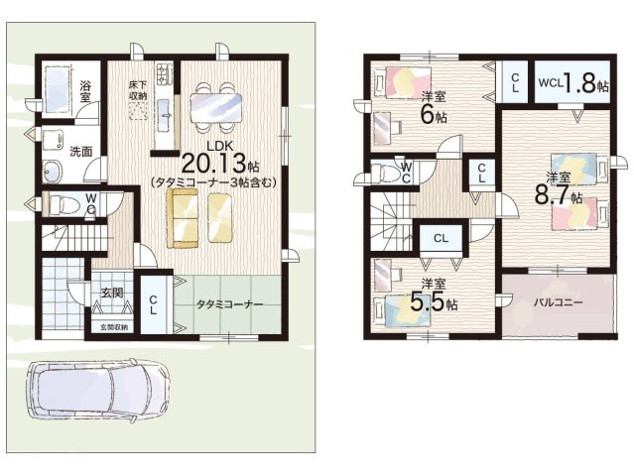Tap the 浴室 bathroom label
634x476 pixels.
pos(85,91)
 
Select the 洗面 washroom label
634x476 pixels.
pos(81,152)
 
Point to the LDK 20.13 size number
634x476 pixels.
pos(214,164)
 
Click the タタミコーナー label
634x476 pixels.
pos(229,304)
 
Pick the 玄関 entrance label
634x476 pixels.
pos(111,293)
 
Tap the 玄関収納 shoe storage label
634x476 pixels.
pos(114,327)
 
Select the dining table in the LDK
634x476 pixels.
pos(216,107)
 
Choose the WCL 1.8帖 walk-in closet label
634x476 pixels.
pos(572,83)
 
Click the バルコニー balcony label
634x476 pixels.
pos(558,302)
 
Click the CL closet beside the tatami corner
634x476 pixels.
pos(153,304)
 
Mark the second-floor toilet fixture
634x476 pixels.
pos(386,173)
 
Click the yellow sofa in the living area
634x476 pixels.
pos(184,217)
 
